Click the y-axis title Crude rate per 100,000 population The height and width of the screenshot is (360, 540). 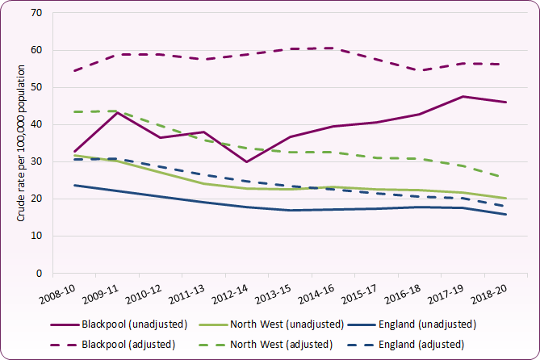(18, 144)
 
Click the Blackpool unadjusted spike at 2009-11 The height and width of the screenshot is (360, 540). (119, 112)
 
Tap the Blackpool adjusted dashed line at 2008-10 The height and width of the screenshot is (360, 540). (75, 71)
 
